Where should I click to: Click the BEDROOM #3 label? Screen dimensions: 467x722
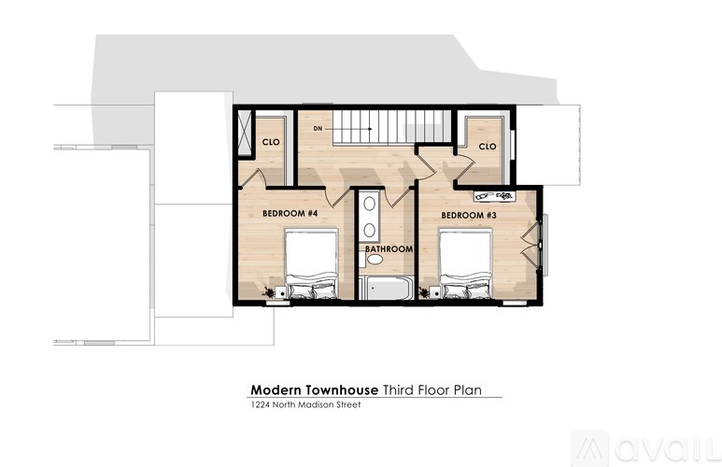coord(467,216)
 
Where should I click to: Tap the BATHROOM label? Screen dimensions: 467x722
coord(389,249)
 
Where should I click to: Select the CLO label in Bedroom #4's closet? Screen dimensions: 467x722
coord(271,143)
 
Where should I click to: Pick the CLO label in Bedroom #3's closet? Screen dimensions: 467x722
coord(487,147)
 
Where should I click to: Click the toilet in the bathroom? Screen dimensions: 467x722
coord(375,260)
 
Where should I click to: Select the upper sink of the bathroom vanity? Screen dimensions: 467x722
coord(370,203)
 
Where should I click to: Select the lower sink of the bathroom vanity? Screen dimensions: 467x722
coord(370,230)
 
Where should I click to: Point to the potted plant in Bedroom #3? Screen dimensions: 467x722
coord(428,293)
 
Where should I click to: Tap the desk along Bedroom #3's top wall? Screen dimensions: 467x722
coord(495,195)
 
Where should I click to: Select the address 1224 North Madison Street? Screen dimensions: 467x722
coord(304,405)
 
